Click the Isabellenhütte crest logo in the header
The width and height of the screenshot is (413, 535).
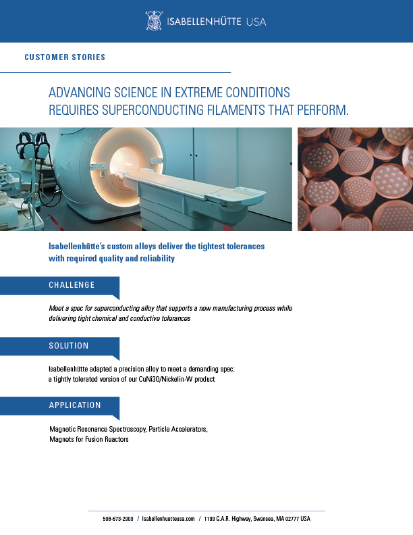click(153, 21)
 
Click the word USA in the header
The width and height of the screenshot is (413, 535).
click(256, 22)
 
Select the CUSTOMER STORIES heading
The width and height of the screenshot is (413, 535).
click(65, 57)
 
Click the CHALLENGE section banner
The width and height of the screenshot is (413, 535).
click(59, 286)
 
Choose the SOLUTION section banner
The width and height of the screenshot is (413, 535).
click(59, 347)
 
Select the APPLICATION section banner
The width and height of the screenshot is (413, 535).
click(59, 406)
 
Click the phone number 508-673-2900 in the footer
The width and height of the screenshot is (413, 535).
click(118, 519)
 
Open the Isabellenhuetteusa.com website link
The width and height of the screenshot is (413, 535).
click(168, 519)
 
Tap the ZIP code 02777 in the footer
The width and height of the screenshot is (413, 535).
click(292, 519)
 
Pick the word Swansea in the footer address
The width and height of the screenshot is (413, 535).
click(263, 519)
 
